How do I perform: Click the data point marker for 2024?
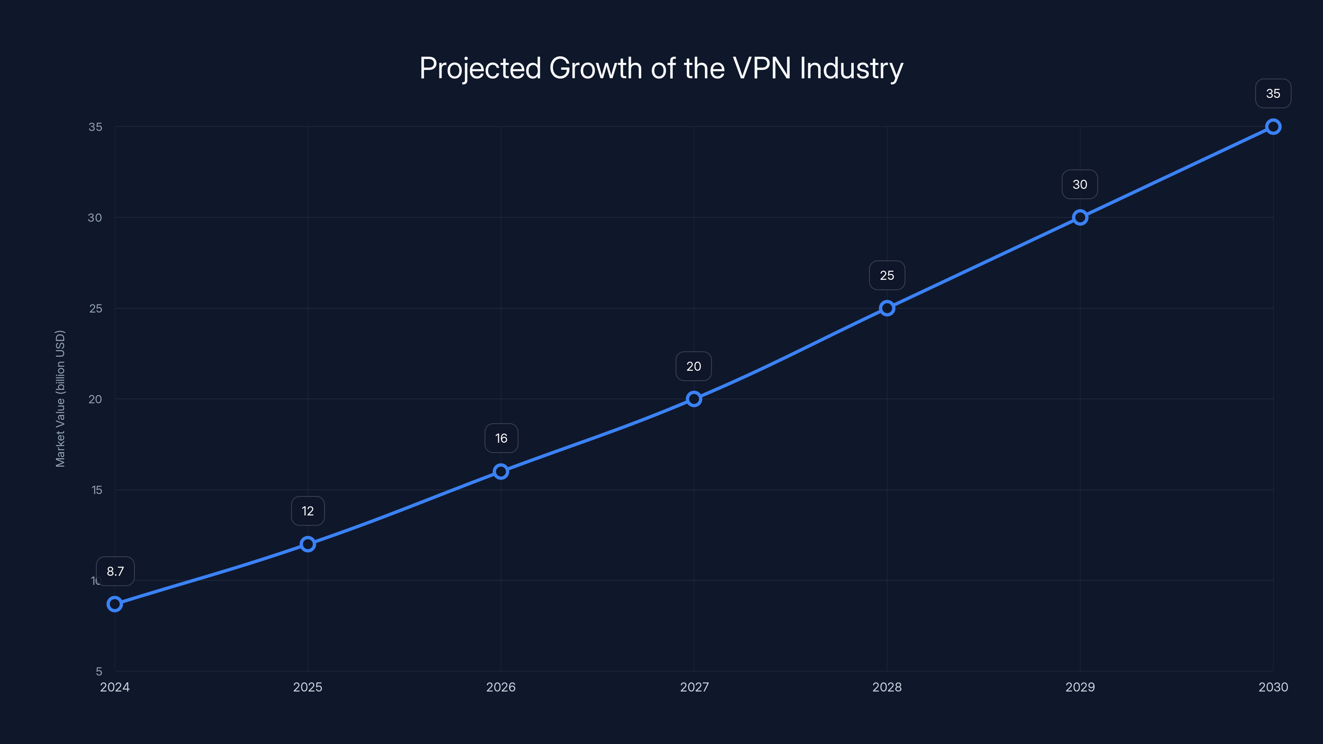[x=115, y=604]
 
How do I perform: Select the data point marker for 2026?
[x=501, y=471]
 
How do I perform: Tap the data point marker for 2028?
[x=887, y=308]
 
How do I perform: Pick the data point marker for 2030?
[x=1273, y=126]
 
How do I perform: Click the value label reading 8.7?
[x=115, y=571]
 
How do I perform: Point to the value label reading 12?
[x=308, y=511]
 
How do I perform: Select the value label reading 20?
[x=693, y=366]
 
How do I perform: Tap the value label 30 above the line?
[x=1079, y=184]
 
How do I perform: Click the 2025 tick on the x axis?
[x=308, y=687]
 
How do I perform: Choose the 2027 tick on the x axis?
[x=694, y=687]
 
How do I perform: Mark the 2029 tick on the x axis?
[x=1079, y=687]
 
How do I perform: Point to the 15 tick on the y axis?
[x=97, y=490]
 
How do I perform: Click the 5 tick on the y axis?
[x=99, y=671]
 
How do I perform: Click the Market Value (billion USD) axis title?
[x=60, y=398]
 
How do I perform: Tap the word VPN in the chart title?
[x=762, y=68]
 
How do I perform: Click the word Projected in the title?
[x=480, y=69]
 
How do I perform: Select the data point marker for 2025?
[x=308, y=544]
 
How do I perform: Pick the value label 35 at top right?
[x=1273, y=93]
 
